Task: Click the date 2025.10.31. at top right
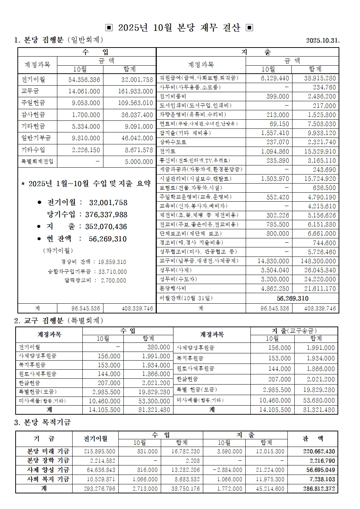click(323, 40)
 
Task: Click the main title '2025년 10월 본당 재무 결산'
click(179, 28)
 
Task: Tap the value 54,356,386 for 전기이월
click(84, 80)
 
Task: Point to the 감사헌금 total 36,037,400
click(135, 115)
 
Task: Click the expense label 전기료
click(168, 151)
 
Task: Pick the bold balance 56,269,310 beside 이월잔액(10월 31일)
click(292, 298)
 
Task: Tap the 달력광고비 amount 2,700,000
click(113, 280)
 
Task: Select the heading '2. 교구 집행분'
click(58, 320)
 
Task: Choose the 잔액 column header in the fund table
click(312, 439)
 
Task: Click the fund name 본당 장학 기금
click(48, 461)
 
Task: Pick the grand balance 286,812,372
click(318, 489)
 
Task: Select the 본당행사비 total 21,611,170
click(318, 288)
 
